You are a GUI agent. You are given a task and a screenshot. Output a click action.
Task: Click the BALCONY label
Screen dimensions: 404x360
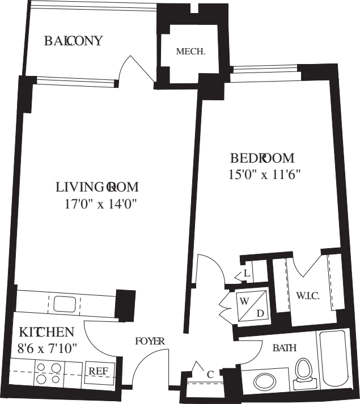pos(74,41)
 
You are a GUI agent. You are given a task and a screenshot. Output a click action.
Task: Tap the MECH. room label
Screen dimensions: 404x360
pos(190,52)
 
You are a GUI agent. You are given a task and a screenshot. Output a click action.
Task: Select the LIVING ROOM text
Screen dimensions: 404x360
pos(98,187)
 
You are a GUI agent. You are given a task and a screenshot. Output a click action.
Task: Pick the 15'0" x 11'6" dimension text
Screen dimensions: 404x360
pos(264,175)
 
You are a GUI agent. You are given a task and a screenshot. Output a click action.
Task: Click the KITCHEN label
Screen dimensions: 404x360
pos(46,331)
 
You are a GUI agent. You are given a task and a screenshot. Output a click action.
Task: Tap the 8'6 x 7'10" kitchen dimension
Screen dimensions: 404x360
pos(47,346)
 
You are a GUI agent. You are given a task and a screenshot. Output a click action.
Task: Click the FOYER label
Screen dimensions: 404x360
pos(150,341)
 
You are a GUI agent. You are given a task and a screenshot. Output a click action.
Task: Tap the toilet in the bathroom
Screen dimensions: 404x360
pos(304,375)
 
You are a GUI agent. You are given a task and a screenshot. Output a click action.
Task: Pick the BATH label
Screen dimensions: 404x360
pos(285,348)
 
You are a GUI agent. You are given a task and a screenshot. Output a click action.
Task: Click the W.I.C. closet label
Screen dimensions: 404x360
pos(306,295)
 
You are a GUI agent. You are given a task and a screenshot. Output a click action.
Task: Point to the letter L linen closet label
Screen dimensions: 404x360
pos(246,273)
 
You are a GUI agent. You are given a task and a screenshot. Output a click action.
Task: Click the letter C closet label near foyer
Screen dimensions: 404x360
pos(210,374)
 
